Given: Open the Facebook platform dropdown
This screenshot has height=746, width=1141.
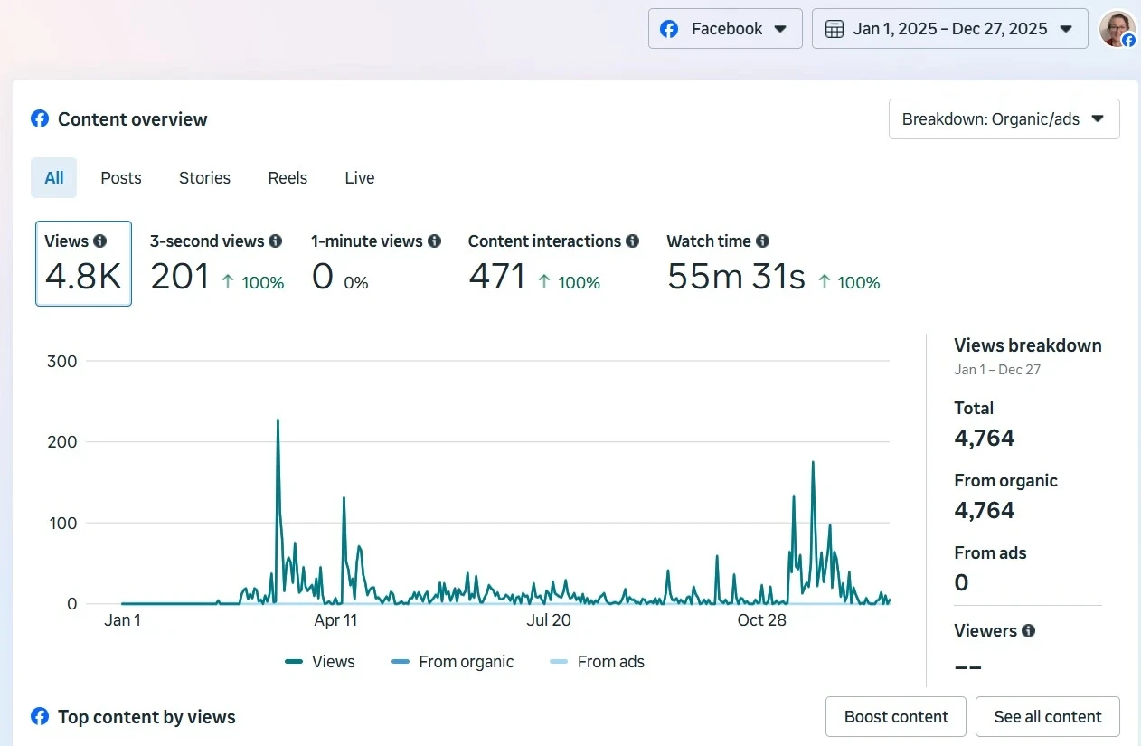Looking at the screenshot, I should [x=725, y=29].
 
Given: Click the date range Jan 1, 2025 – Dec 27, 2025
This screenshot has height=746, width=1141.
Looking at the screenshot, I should [x=949, y=29].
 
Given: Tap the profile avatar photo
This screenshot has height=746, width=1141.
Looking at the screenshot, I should [x=1117, y=28].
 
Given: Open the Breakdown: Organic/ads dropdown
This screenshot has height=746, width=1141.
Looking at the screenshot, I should [x=1004, y=119].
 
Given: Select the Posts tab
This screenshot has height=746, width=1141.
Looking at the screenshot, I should [x=121, y=178].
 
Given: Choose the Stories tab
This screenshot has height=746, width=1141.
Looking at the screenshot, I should [x=204, y=178].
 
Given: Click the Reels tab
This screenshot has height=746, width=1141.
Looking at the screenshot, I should [x=288, y=178].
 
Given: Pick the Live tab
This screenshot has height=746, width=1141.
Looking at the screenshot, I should [x=359, y=178].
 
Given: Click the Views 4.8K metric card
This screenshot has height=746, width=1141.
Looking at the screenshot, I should [x=83, y=263].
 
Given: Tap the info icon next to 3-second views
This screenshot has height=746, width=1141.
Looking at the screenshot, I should [x=276, y=241].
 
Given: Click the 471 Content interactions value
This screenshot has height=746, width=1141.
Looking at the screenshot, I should [x=496, y=277].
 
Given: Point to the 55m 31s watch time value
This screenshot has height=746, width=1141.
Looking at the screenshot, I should [x=735, y=277].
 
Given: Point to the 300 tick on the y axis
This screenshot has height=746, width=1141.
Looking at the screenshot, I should [x=61, y=362].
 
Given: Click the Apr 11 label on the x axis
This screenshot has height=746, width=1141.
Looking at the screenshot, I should [x=335, y=620].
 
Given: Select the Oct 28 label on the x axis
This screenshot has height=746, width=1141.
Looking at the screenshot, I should [x=761, y=620].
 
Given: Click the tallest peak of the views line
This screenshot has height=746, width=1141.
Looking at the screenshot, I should [x=278, y=420].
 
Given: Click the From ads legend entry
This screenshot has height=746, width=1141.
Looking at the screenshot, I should [x=597, y=662].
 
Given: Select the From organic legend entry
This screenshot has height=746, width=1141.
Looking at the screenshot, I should [x=452, y=662].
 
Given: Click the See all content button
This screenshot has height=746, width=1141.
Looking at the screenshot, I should [x=1047, y=717].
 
